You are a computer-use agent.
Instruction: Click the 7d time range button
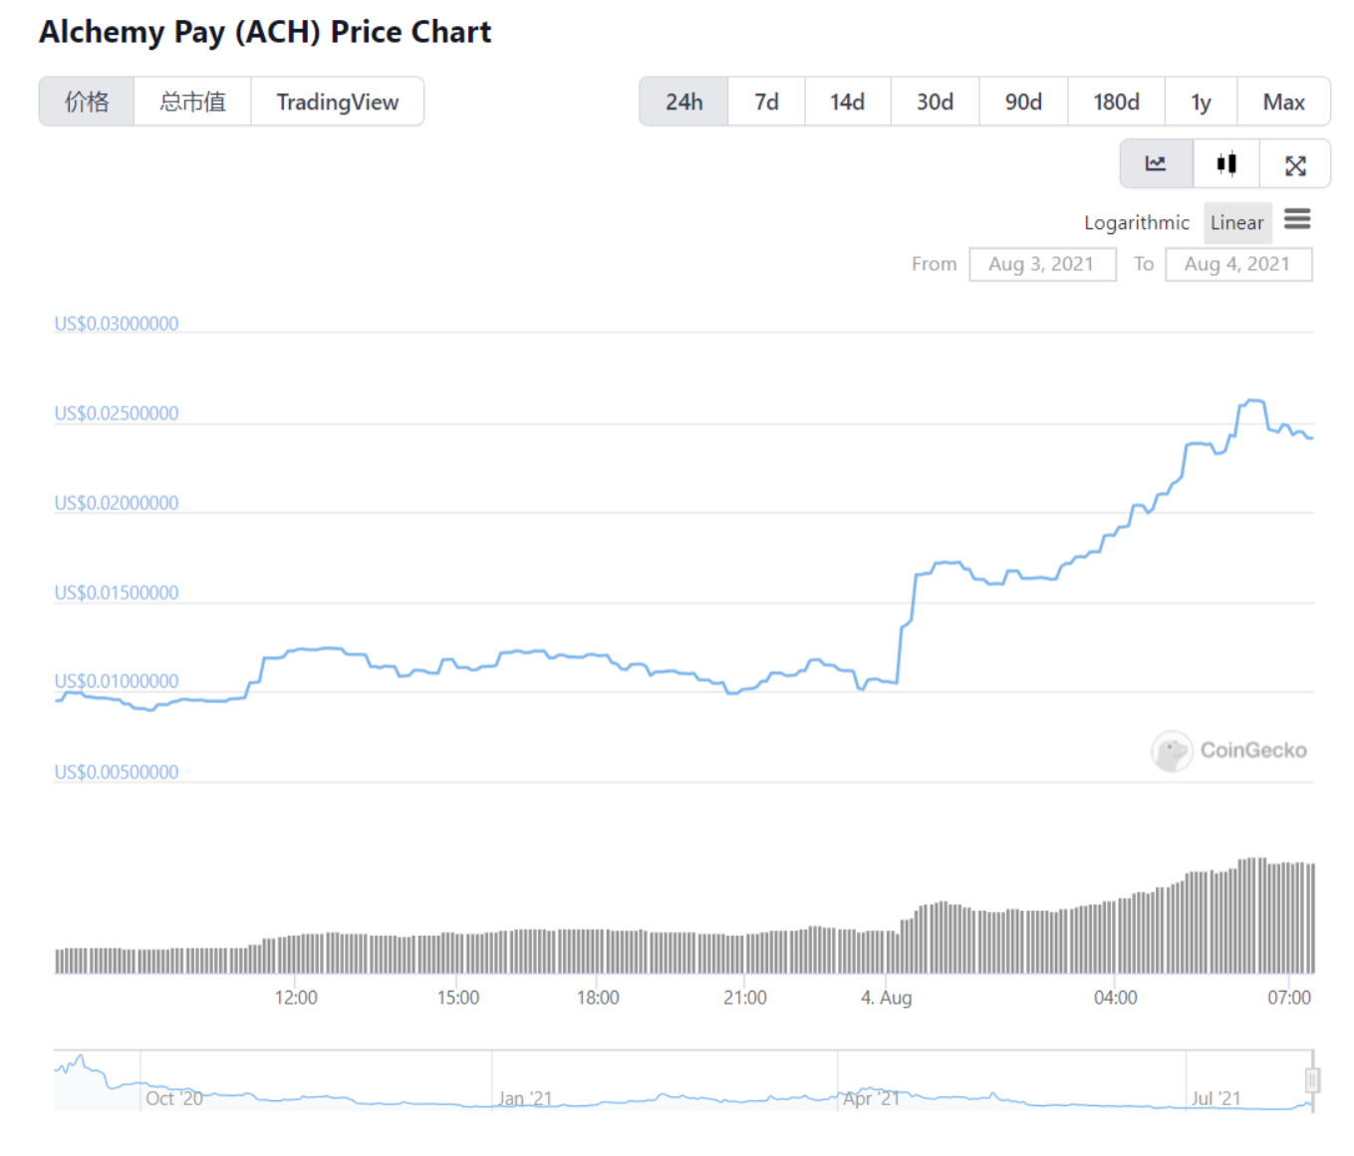[766, 102]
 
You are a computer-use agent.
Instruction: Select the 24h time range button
[683, 102]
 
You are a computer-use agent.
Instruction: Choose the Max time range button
[1283, 102]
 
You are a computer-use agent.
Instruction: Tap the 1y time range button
[1201, 102]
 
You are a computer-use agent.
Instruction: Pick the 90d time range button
[1023, 102]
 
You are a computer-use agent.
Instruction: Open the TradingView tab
[337, 102]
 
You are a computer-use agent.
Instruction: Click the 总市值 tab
[192, 102]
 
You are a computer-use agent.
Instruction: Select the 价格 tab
[87, 102]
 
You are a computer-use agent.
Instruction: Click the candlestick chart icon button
[1226, 164]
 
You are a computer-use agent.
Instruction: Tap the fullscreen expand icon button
[1295, 165]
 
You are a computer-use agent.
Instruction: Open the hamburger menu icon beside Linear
[1297, 219]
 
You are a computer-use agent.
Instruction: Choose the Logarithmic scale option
[1136, 223]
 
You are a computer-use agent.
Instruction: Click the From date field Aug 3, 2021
[1042, 264]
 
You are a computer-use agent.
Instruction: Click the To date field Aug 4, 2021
[1237, 264]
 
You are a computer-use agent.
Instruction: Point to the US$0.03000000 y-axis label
[117, 324]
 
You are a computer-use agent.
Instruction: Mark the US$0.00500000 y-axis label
[117, 772]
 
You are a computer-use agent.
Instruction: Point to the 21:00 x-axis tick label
[745, 998]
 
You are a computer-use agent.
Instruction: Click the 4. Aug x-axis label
[886, 998]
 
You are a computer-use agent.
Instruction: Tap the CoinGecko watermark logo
[1229, 751]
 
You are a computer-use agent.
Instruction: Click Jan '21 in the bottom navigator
[525, 1098]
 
